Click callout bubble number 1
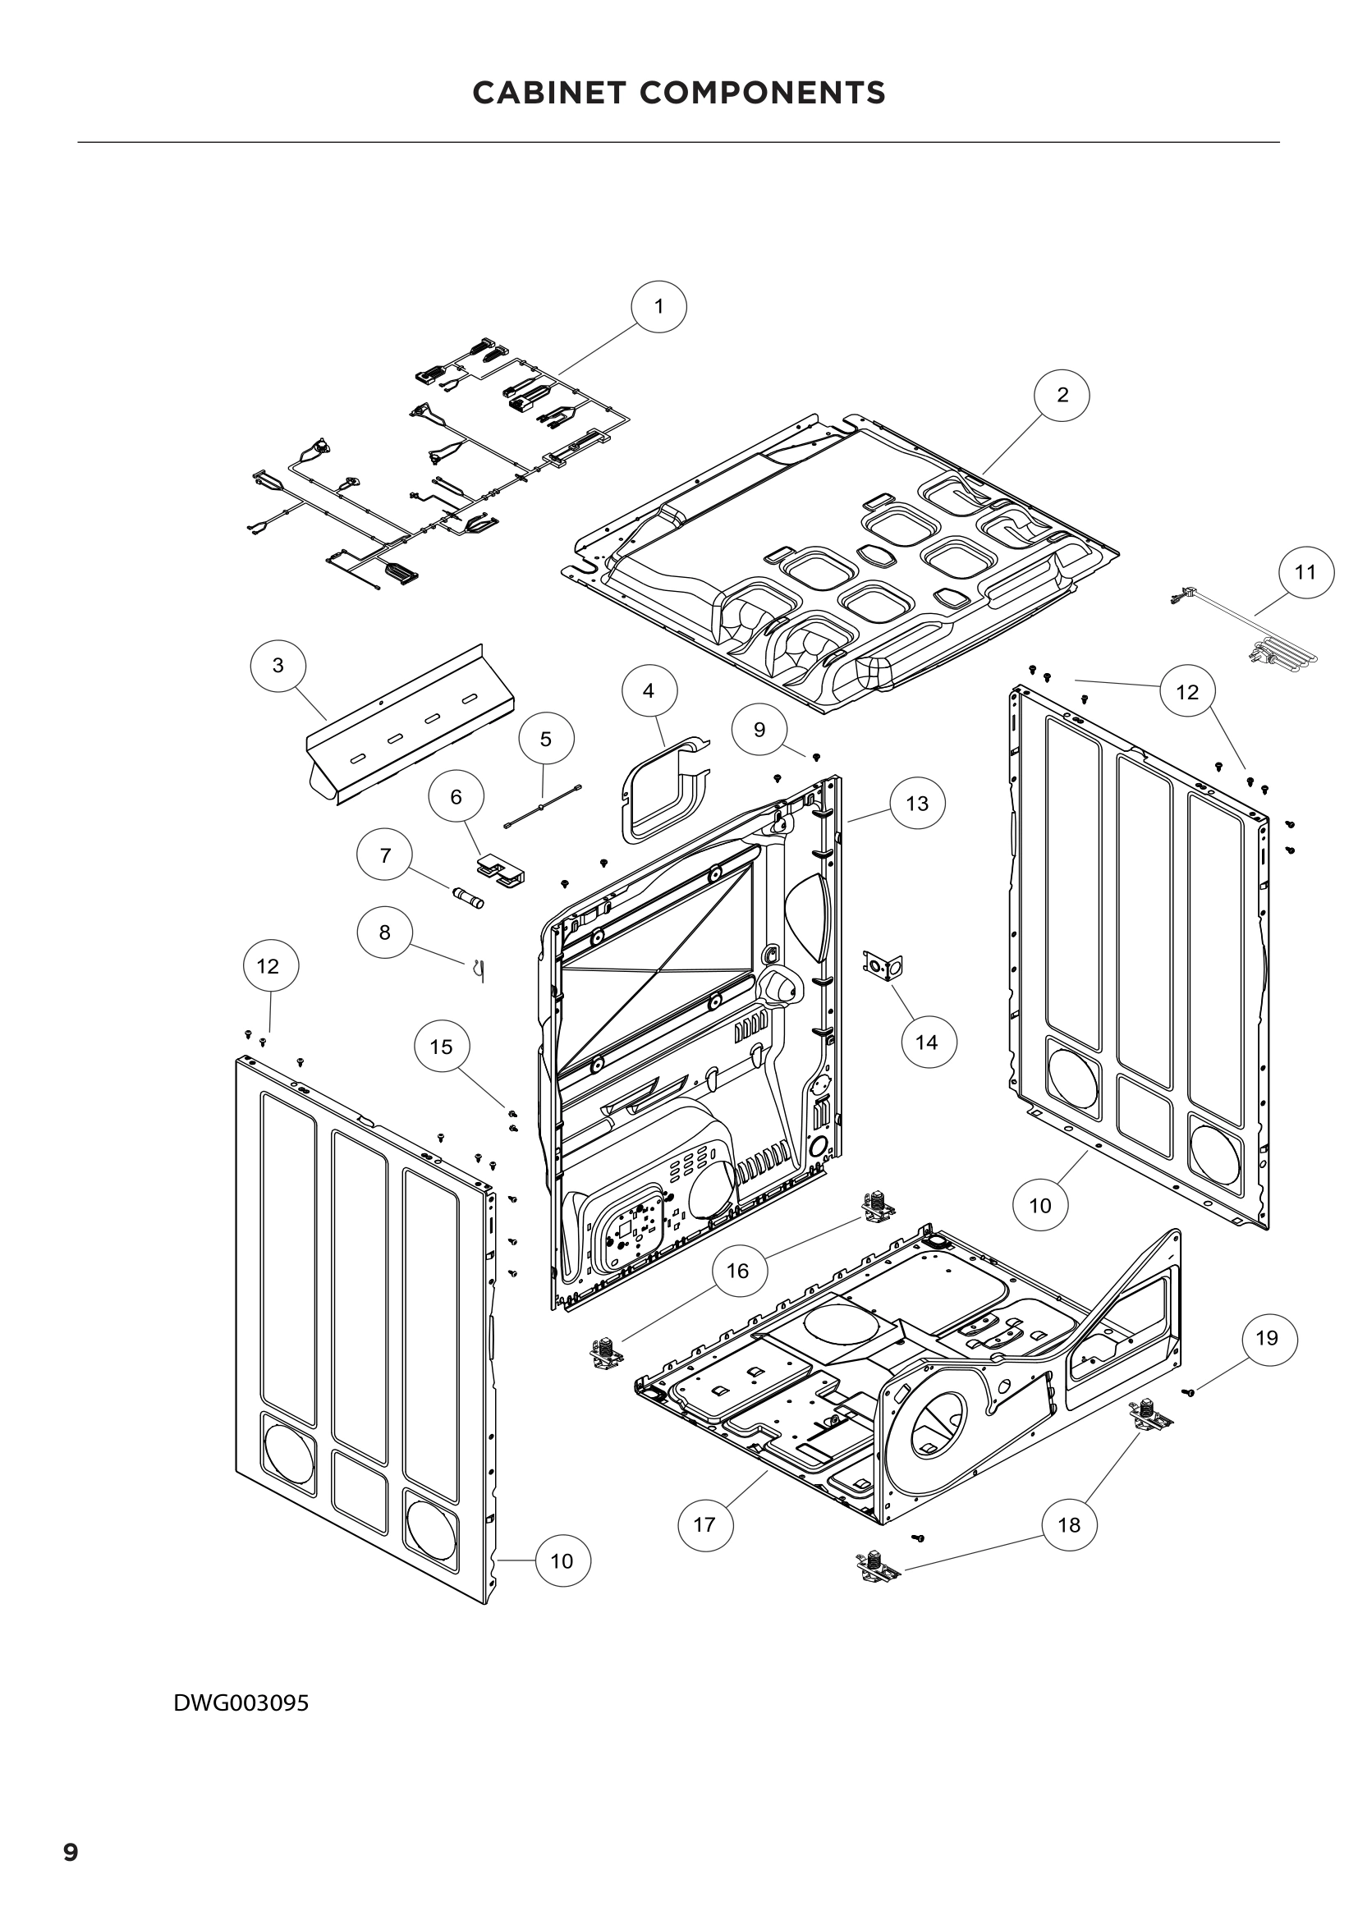(x=659, y=307)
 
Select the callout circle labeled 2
(x=1062, y=395)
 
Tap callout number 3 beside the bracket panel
(x=278, y=666)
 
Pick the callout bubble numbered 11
(x=1305, y=572)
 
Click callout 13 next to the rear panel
(x=916, y=803)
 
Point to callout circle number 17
(x=705, y=1524)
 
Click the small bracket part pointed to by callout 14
(x=883, y=967)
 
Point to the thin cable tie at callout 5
(x=543, y=806)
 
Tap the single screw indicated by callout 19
(x=1188, y=1391)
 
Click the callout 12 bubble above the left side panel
(x=268, y=966)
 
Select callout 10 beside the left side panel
(x=562, y=1560)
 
